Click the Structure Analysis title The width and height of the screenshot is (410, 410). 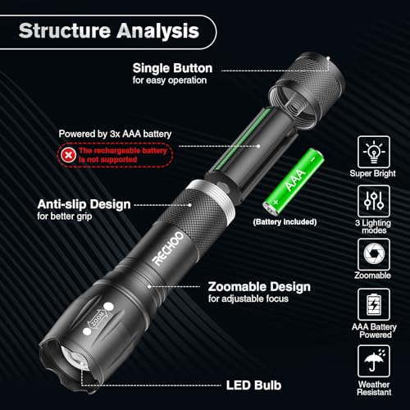[x=108, y=32]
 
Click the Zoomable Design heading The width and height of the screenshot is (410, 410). [x=259, y=287]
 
